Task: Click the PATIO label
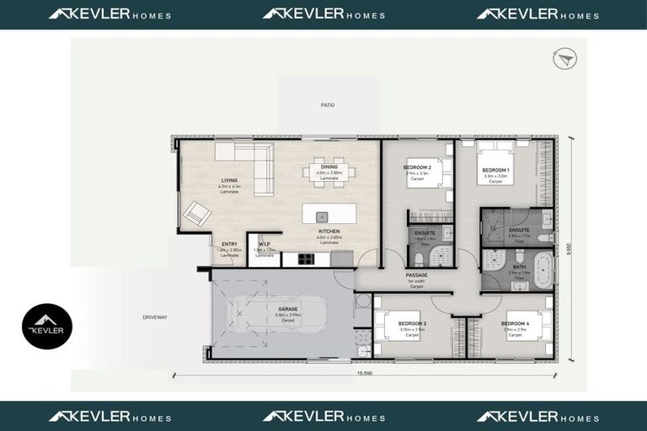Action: [x=327, y=105]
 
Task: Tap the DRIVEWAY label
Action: [x=156, y=317]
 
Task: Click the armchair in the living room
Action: [x=197, y=213]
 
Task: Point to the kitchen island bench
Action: [x=329, y=213]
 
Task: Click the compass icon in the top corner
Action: [x=564, y=58]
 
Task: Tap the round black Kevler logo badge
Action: [x=47, y=327]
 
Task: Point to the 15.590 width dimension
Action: [x=365, y=374]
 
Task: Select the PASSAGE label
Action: [x=416, y=274]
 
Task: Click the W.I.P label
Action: [x=264, y=245]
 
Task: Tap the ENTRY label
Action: [x=229, y=245]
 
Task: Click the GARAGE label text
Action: [x=288, y=309]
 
